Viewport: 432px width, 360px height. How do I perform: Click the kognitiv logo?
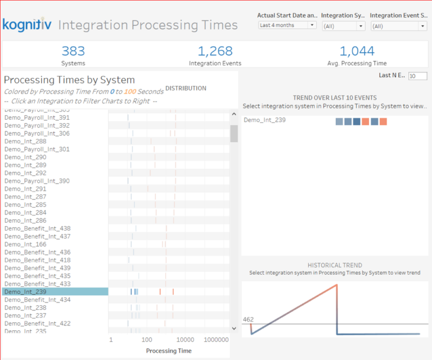coord(26,25)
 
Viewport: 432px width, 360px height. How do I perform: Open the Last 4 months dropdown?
coord(287,25)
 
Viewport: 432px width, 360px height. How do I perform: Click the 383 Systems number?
coord(73,51)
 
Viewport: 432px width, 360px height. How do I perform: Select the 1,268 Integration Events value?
coord(211,51)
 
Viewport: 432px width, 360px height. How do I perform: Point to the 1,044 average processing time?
coord(357,51)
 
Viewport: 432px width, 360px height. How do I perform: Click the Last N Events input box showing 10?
coord(417,76)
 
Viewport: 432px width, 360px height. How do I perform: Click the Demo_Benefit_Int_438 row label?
coord(38,228)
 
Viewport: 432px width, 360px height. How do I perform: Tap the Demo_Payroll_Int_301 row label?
coord(37,149)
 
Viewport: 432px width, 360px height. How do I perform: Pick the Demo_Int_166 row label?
coord(26,244)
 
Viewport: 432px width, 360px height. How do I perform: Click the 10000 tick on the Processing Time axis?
coord(185,340)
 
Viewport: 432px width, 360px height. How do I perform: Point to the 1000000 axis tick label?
coord(216,340)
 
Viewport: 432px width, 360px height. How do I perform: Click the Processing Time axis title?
coord(169,351)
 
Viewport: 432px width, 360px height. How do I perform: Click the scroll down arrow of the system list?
coord(234,328)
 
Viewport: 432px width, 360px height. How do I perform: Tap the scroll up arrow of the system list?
coord(234,115)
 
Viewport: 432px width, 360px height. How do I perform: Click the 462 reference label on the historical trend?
coord(248,319)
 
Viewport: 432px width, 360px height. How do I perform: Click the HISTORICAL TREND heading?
coord(335,265)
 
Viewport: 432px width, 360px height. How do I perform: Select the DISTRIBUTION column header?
coord(186,88)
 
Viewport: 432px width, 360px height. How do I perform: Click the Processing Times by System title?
coord(69,80)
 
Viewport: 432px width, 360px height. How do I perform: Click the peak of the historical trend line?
coord(336,283)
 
